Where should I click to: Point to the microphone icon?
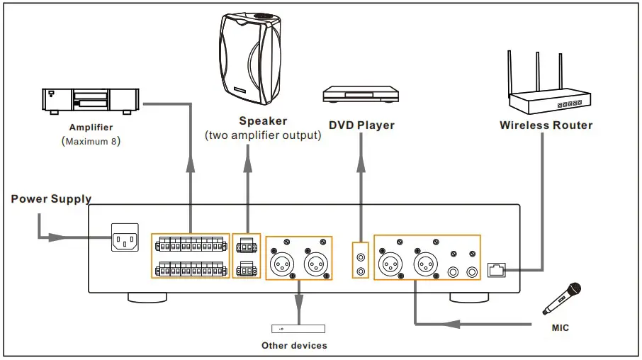pyautogui.click(x=562, y=298)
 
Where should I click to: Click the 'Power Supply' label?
pyautogui.click(x=51, y=199)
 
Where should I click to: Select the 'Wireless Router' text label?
pyautogui.click(x=546, y=125)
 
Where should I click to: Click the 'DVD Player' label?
pyautogui.click(x=361, y=125)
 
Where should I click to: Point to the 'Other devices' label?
pyautogui.click(x=295, y=346)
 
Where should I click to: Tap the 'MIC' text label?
pyautogui.click(x=560, y=328)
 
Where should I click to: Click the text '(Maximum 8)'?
pyautogui.click(x=91, y=142)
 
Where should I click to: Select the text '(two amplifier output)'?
pyautogui.click(x=263, y=135)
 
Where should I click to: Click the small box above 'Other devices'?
pyautogui.click(x=298, y=329)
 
